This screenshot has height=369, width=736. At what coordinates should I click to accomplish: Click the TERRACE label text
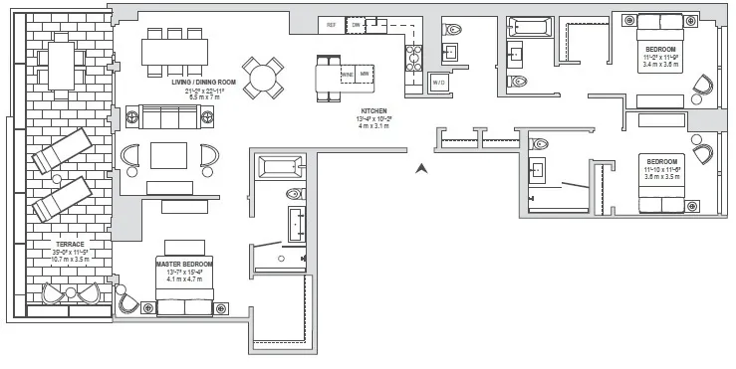coord(70,244)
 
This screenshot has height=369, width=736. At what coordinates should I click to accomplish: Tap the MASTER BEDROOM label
coord(180,264)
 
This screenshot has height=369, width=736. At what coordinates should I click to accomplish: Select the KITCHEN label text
coord(373,111)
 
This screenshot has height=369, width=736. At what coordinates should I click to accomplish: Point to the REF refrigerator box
coord(330,24)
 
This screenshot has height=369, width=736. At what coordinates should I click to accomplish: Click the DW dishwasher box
coord(357,24)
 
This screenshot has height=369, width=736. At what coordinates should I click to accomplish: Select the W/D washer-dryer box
coord(438,82)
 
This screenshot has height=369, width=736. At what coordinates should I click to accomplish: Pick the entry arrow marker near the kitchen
coord(422,168)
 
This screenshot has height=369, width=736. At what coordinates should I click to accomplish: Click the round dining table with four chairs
coord(265,77)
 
